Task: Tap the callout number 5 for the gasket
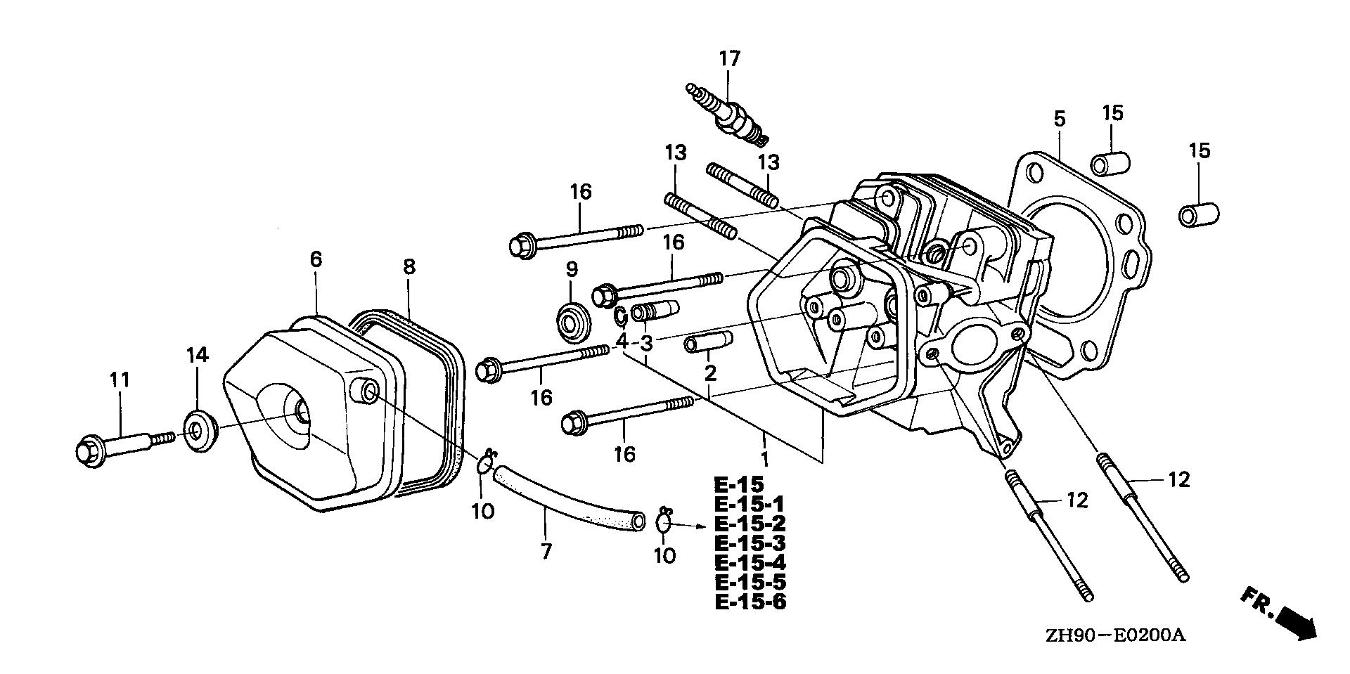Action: (x=1059, y=119)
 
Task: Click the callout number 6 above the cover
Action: (x=316, y=259)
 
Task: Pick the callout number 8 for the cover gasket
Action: (x=409, y=267)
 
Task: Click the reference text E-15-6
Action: (x=750, y=602)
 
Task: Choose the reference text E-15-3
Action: (x=750, y=543)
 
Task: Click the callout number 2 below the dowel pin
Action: (x=710, y=372)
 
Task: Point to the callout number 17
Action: (x=730, y=58)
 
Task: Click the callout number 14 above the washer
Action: (x=197, y=356)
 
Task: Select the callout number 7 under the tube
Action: (x=546, y=552)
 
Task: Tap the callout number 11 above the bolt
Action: (x=120, y=380)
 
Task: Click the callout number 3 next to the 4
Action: (x=646, y=344)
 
